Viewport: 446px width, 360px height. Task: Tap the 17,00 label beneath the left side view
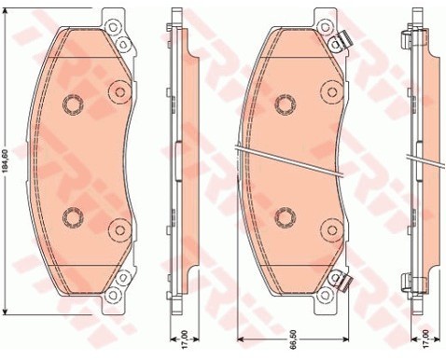click(x=185, y=339)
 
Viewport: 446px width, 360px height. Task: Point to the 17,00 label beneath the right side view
click(x=426, y=339)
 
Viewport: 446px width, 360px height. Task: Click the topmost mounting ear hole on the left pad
click(x=112, y=27)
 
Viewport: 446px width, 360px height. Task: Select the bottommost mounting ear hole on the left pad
click(x=112, y=295)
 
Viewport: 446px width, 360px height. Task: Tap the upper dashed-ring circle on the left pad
click(x=73, y=104)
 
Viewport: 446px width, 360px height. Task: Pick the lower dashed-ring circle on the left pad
click(x=73, y=216)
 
